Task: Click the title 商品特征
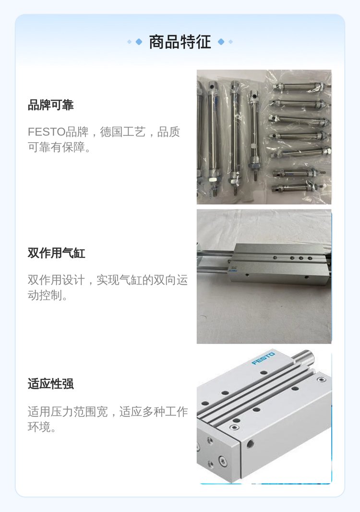[x=180, y=42]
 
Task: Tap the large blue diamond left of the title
[x=139, y=42]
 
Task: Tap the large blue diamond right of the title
[x=221, y=42]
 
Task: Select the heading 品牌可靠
[x=50, y=105]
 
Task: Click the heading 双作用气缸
[x=57, y=253]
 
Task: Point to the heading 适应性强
[x=50, y=384]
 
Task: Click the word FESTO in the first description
[x=47, y=132]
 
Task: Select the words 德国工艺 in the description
[x=123, y=132]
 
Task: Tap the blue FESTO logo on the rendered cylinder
[x=264, y=358]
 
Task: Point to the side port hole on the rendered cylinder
[x=251, y=444]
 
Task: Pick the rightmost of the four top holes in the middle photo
[x=310, y=258]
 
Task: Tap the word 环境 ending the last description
[x=39, y=427]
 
